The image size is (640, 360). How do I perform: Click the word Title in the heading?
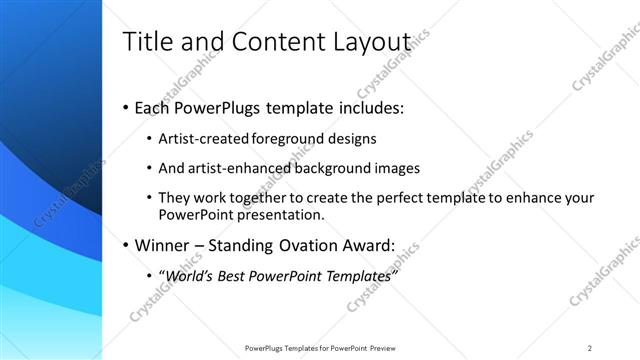pos(145,42)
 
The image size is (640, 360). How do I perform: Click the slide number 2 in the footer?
pos(589,348)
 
